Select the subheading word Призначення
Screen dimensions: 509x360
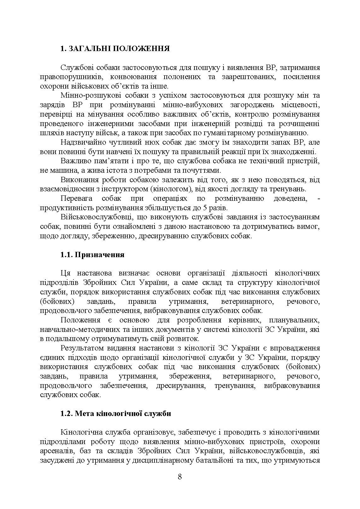[100, 255]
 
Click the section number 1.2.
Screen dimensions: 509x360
[67, 413]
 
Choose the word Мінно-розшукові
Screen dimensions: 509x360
[83, 95]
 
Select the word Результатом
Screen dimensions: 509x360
[80, 348]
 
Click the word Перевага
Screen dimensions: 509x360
[76, 199]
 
